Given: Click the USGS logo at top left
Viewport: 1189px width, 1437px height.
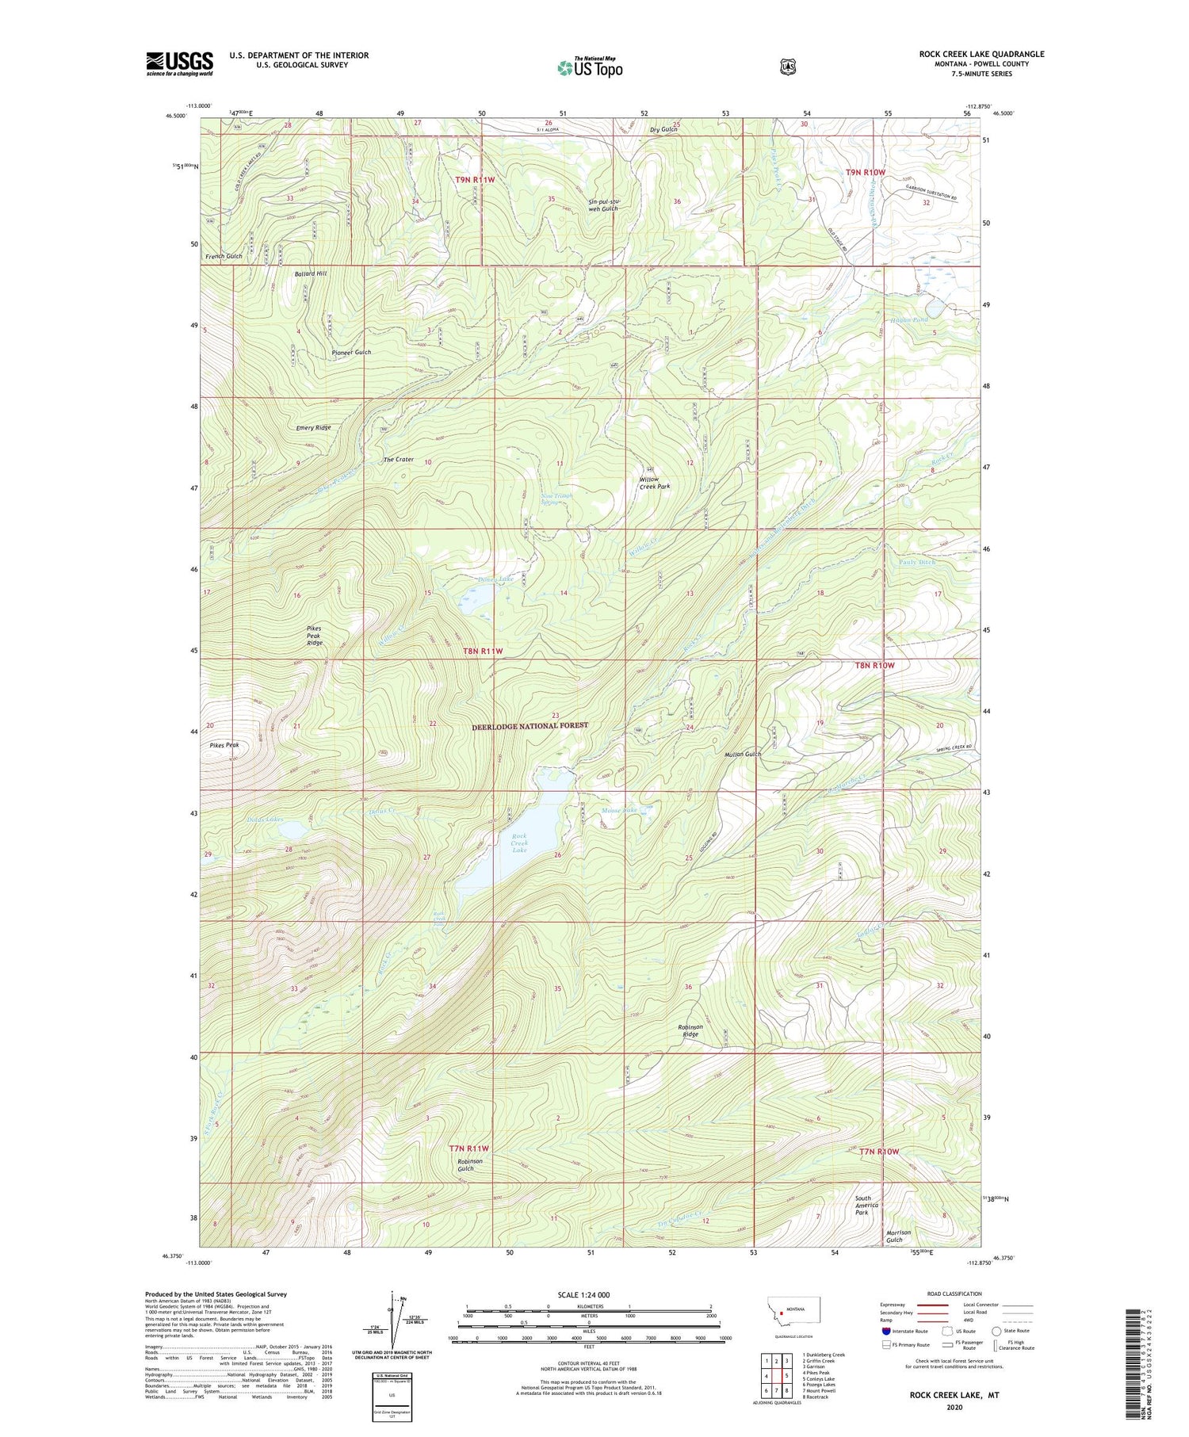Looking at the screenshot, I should [x=179, y=63].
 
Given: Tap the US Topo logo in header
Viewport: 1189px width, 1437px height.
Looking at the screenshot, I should [x=590, y=67].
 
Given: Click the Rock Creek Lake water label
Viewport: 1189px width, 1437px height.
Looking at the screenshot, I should [x=519, y=843].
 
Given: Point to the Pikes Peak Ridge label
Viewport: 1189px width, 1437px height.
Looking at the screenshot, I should [x=315, y=636].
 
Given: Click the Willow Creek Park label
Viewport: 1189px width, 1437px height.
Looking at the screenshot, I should [x=655, y=483].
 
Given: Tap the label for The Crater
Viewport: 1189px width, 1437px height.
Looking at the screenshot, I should [x=399, y=460].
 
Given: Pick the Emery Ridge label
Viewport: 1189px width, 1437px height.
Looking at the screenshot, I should [x=313, y=427].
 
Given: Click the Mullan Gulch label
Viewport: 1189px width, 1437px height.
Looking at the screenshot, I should [x=743, y=754].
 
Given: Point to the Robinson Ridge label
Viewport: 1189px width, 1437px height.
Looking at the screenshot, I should [x=690, y=1030].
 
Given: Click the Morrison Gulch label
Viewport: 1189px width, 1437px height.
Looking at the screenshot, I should [x=898, y=1236].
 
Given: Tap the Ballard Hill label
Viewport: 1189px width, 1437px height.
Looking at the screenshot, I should [x=311, y=273].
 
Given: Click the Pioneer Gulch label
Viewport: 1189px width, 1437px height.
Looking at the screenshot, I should [x=351, y=352].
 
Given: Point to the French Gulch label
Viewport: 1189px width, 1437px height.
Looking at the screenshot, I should [x=224, y=257].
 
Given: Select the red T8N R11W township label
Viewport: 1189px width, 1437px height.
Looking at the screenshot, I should [x=483, y=651].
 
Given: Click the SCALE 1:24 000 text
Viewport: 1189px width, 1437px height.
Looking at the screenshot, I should [x=583, y=1294].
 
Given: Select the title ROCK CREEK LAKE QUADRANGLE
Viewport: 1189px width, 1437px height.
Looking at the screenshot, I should [x=981, y=54].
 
